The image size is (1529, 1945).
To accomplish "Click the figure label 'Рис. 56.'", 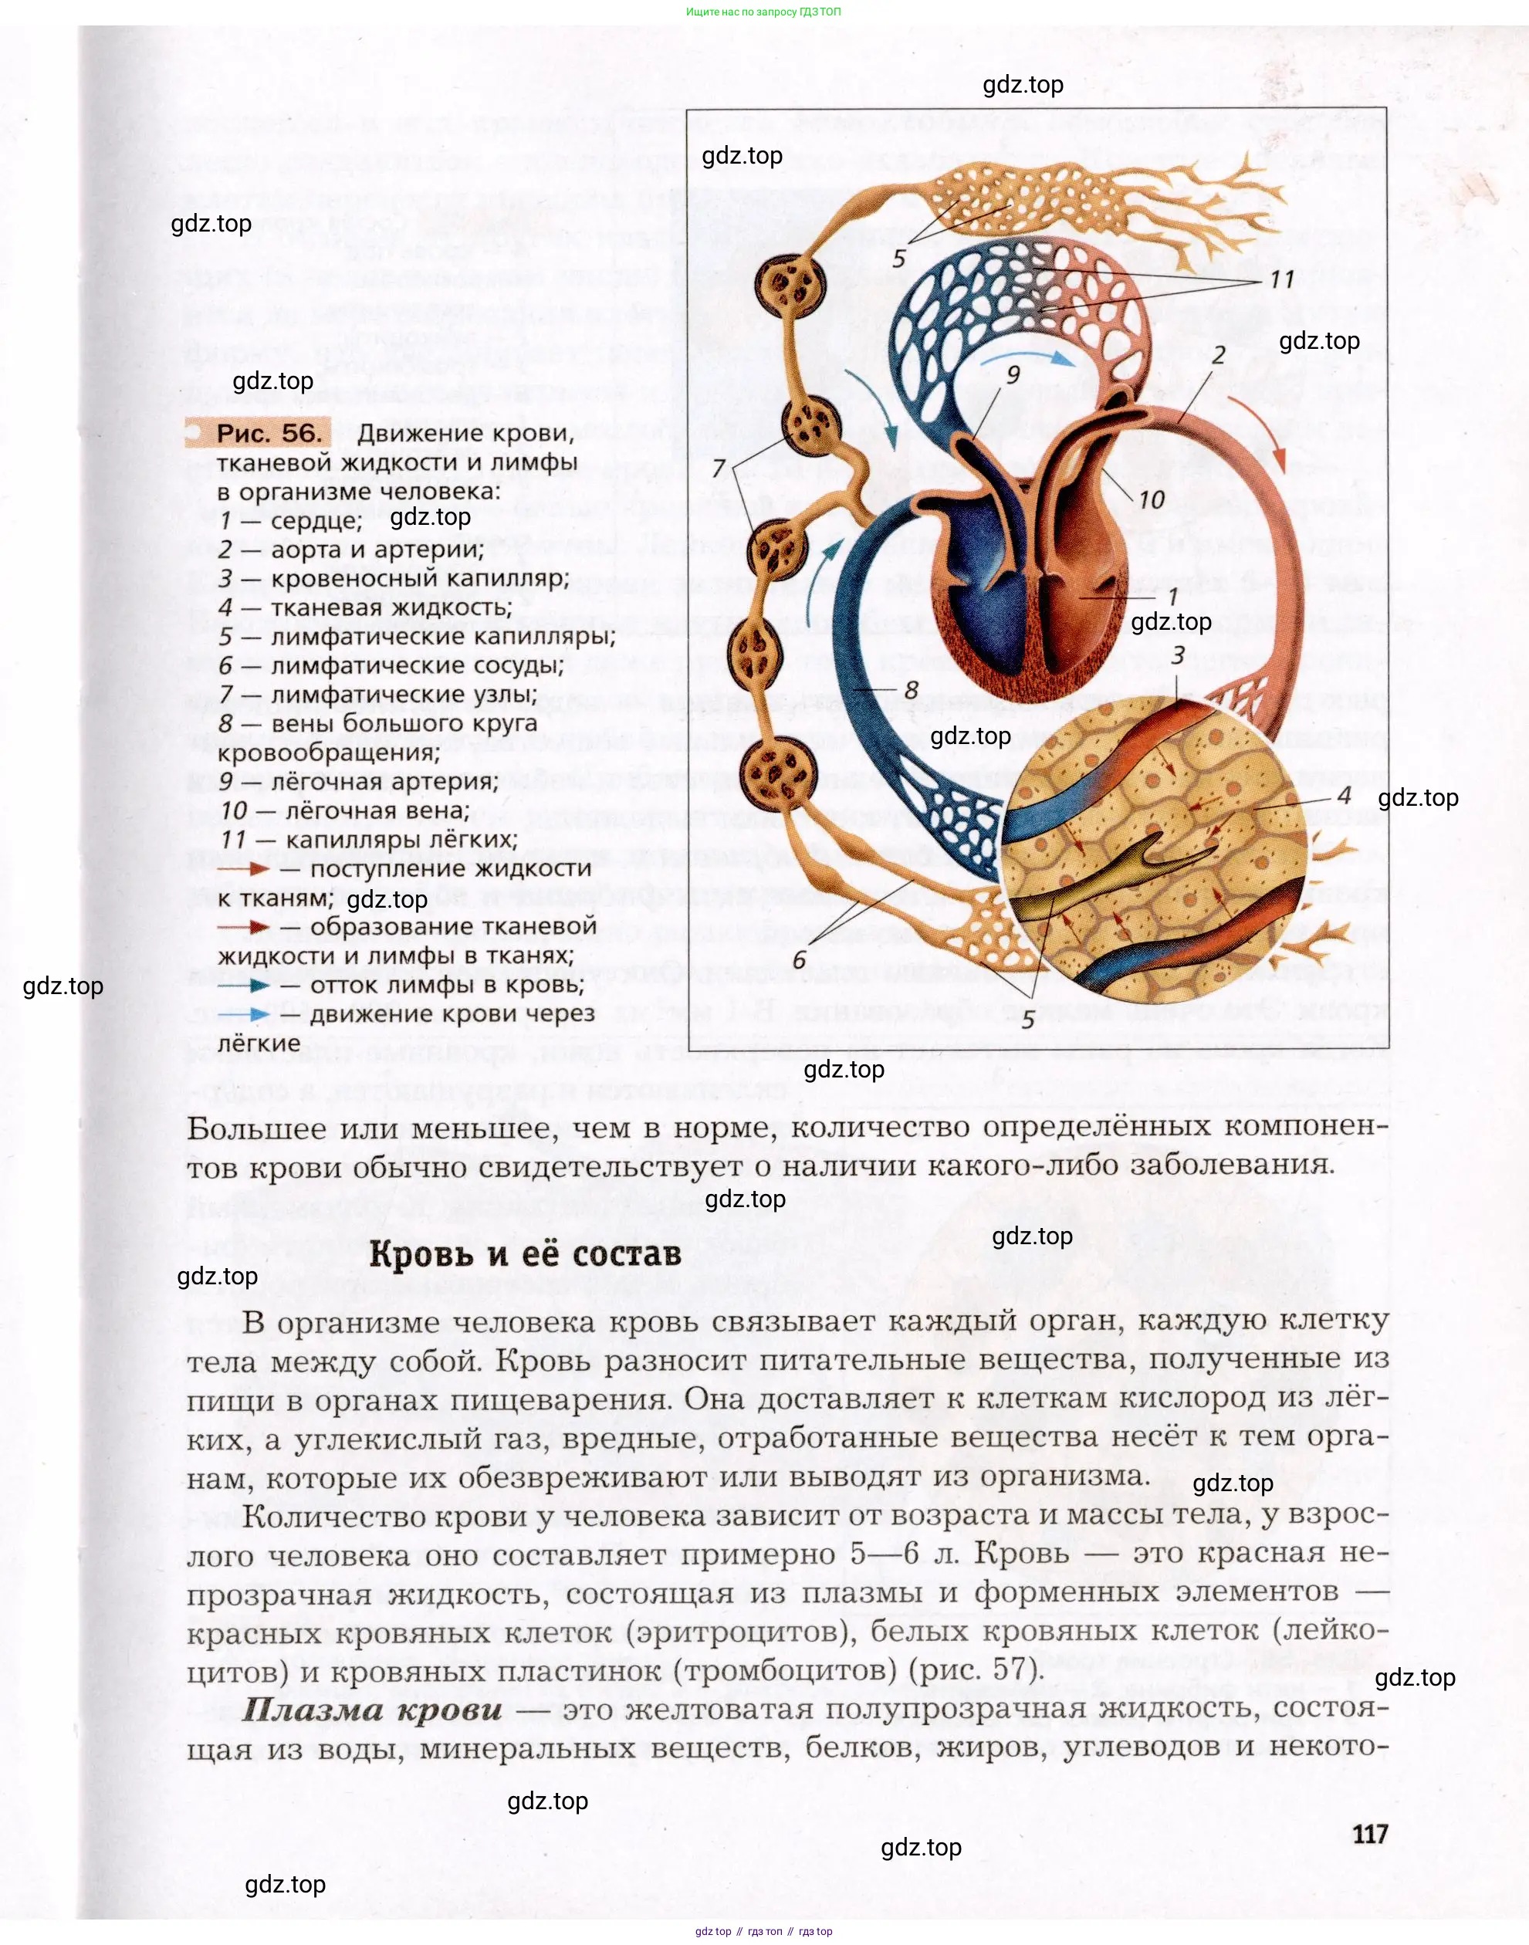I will point(268,433).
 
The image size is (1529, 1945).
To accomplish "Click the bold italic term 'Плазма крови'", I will point(372,1710).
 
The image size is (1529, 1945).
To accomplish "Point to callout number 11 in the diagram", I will point(1282,279).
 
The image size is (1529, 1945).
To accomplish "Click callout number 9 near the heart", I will point(1013,374).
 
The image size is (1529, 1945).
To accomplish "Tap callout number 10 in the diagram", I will point(1152,499).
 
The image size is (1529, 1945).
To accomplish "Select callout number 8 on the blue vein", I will point(912,688).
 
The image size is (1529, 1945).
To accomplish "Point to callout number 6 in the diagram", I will point(800,960).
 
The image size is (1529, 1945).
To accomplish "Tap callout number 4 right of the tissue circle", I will point(1344,795).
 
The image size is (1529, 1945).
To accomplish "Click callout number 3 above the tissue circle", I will point(1178,655).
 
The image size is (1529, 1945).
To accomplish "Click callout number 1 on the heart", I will point(1172,596).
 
